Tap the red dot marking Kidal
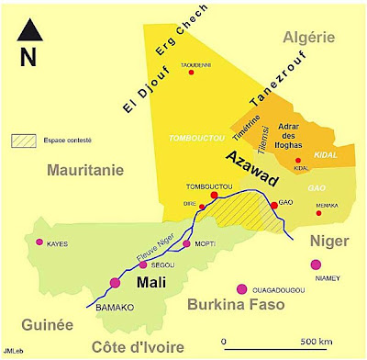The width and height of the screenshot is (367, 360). [299, 160]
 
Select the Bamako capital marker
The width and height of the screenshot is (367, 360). [116, 282]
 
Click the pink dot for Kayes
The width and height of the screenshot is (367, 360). [39, 242]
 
